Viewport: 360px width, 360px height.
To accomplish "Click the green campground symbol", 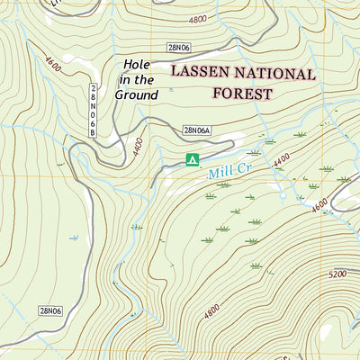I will tap(191, 160).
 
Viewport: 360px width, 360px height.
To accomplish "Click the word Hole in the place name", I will tap(138, 64).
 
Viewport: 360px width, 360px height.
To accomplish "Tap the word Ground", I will tap(137, 94).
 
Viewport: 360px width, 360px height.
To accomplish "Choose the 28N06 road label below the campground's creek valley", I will tap(50, 310).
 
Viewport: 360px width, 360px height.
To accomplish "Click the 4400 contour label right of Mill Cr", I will tap(282, 159).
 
